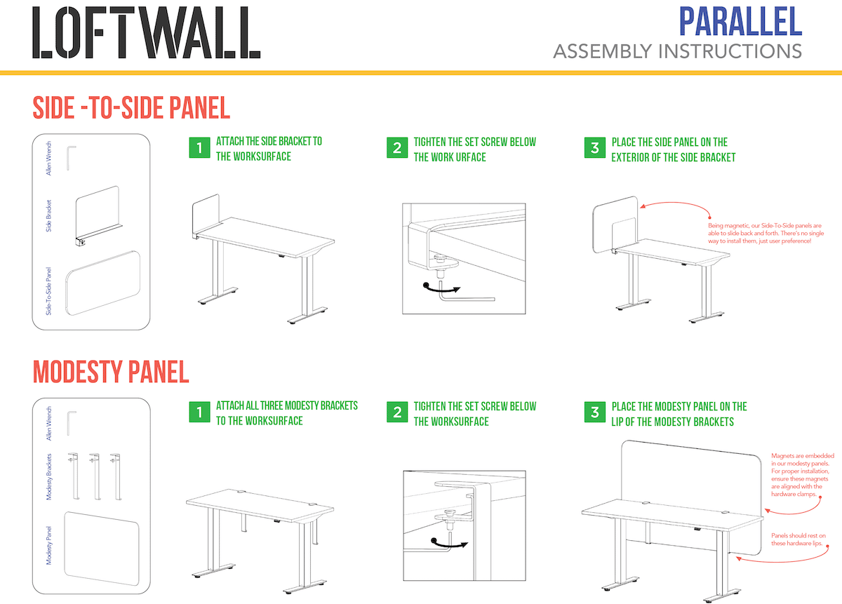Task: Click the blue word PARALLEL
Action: [740, 21]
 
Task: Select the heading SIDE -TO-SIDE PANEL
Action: [131, 108]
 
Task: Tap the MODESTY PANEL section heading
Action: [111, 372]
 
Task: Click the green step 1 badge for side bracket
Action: [199, 148]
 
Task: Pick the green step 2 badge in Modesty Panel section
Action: [397, 412]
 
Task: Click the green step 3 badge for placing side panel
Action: [595, 148]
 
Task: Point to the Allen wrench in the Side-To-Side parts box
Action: [71, 156]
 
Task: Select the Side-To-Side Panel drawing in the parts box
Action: [102, 283]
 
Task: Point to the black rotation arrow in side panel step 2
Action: [441, 287]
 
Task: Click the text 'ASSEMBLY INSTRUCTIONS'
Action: [677, 51]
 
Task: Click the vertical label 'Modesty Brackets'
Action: [50, 476]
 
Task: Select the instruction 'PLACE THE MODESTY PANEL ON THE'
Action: [679, 406]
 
